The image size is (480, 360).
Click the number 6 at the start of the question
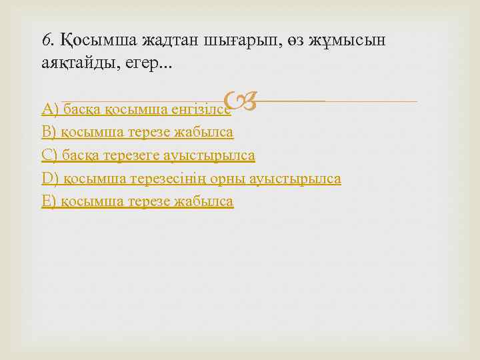coord(46,40)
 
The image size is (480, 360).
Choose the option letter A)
coord(50,109)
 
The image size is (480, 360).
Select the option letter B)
coord(49,132)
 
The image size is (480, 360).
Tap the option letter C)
coord(50,155)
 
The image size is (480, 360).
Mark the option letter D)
coord(50,179)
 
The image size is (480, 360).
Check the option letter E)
coord(49,201)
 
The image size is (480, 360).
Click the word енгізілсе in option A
coord(200,109)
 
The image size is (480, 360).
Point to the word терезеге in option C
coord(133,155)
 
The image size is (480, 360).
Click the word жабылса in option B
coord(205,132)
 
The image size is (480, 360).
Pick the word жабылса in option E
coord(205,201)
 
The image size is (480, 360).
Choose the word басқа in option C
coord(81,155)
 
